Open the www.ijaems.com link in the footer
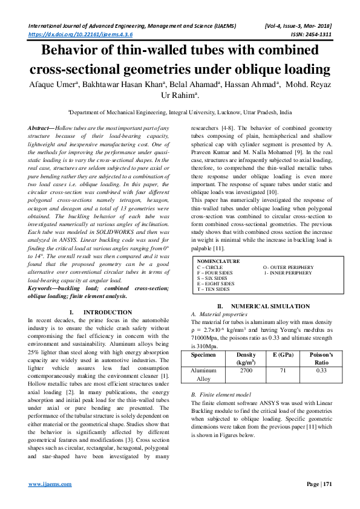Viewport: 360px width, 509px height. [51, 484]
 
